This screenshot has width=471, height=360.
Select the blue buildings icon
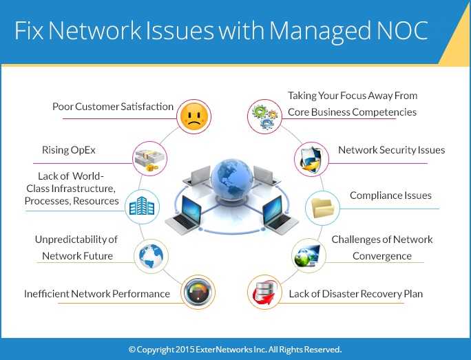(144, 205)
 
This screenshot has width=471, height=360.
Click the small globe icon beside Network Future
(150, 254)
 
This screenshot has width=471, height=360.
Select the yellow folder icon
(321, 205)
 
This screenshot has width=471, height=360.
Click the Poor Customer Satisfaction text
(113, 107)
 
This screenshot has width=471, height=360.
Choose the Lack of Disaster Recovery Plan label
(355, 294)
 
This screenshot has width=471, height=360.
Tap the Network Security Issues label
(391, 150)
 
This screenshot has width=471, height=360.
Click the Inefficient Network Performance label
(96, 294)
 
